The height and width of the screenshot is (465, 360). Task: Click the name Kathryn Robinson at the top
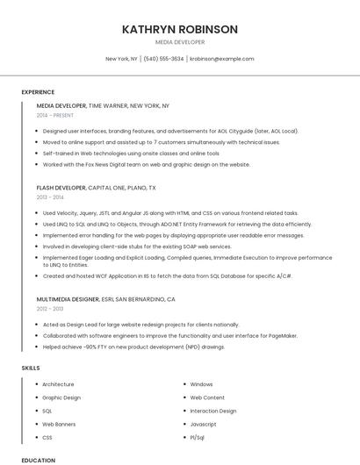coord(180,29)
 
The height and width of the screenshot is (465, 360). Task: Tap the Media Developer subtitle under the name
coord(180,42)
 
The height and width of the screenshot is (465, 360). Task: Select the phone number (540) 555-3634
coord(163,59)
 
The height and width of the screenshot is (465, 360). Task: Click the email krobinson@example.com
coord(221,59)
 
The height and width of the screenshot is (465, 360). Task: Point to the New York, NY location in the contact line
coord(121,59)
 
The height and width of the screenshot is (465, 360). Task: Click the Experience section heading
coord(38,92)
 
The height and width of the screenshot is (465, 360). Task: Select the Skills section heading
coord(31,368)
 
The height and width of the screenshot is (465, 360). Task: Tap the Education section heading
coord(38,460)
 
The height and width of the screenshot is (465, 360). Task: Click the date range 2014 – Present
coord(55,115)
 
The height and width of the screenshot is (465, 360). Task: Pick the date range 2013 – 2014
coord(50,197)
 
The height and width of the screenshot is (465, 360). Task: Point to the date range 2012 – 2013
coord(50,309)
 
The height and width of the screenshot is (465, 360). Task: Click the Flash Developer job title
coord(61,188)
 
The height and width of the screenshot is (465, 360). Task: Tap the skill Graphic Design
coord(61,397)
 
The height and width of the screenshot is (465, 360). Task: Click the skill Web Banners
coord(60,424)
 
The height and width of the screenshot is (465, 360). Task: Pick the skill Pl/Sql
coord(198,437)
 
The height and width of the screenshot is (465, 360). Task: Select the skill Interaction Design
coord(213,411)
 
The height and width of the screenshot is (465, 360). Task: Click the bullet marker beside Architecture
coord(35,384)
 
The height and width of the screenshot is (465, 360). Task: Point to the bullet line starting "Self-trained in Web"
coord(131,153)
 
